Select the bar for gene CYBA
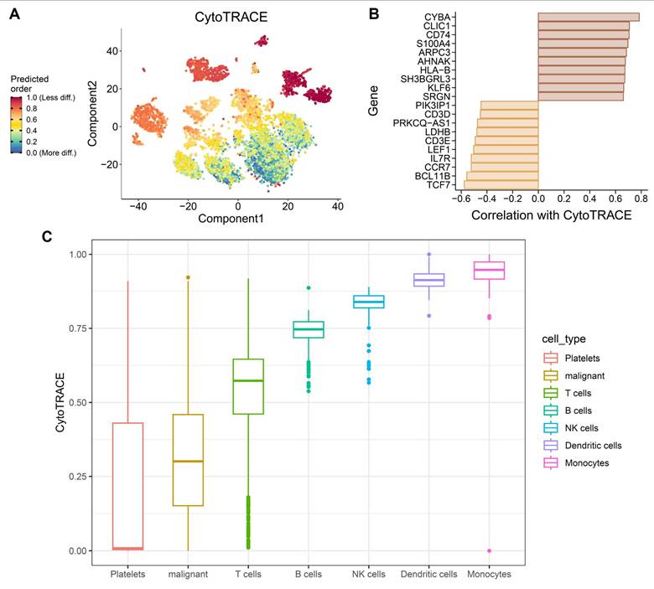589,16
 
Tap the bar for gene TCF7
501,184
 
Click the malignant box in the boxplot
188,460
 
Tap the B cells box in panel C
309,329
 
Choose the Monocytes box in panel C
489,271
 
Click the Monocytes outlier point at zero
489,550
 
